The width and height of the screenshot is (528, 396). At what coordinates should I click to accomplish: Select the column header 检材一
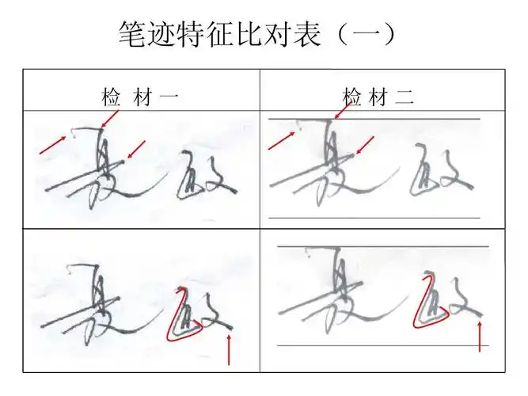tap(140, 98)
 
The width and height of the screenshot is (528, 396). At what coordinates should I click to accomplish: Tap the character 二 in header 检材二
tap(405, 98)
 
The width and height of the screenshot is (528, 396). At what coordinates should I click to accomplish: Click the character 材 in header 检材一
tap(140, 98)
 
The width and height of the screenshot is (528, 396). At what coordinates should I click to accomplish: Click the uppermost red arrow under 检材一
tap(110, 119)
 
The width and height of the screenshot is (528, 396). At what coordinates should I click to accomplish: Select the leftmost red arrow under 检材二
tap(281, 141)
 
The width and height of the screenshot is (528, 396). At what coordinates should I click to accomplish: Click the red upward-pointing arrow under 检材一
tap(229, 348)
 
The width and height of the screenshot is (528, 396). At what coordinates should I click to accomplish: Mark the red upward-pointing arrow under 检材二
tap(480, 336)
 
